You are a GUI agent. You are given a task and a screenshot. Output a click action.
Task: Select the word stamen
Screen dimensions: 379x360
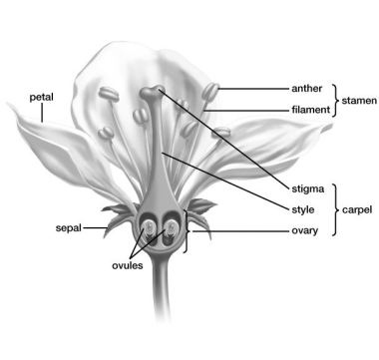click(x=356, y=99)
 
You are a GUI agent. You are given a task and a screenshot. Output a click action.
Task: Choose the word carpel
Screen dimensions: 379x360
click(x=357, y=209)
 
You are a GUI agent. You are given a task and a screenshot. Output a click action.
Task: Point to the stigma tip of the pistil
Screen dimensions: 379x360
click(x=151, y=93)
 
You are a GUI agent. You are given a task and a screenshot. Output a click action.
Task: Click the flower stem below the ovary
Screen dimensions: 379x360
click(x=160, y=299)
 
